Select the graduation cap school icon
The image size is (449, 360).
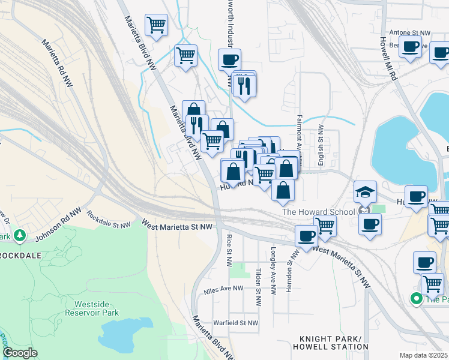365,193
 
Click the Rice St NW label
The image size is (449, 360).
229,251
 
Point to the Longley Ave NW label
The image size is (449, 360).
273,271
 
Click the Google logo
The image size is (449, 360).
20,353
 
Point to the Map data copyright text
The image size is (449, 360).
424,355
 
